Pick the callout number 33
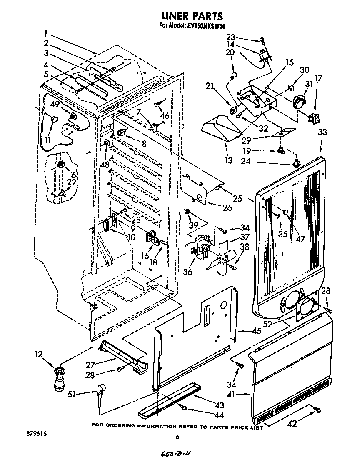[x=322, y=132]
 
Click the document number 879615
[x=35, y=434]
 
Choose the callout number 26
[x=227, y=207]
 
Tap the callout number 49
[x=54, y=105]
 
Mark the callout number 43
[x=219, y=405]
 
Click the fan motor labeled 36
[x=200, y=249]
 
